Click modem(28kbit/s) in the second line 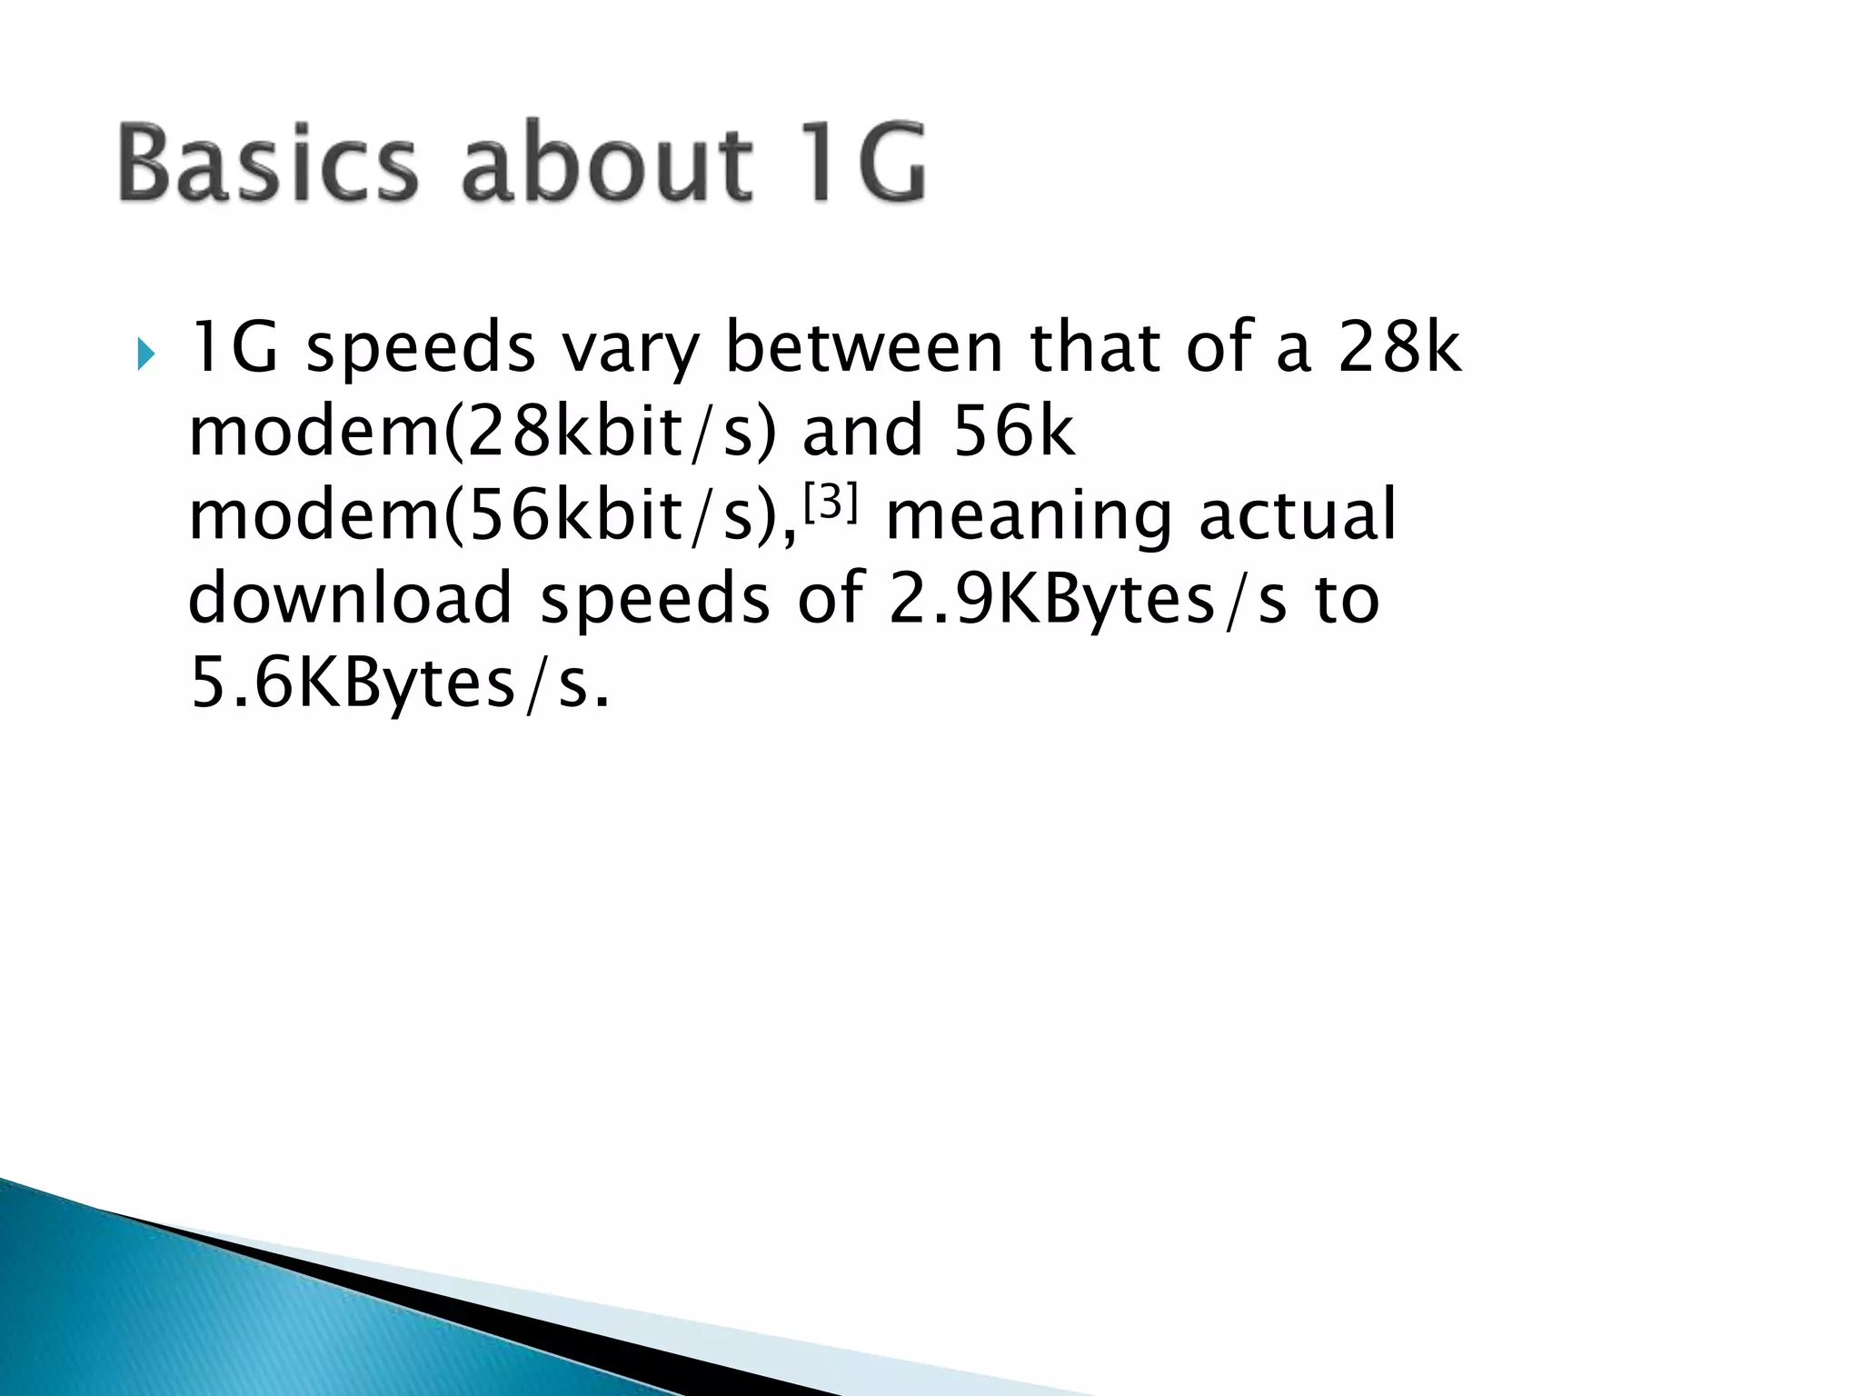(483, 432)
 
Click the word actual (1297, 514)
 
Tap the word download (350, 598)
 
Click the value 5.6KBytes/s (399, 683)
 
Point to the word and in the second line (861, 432)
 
